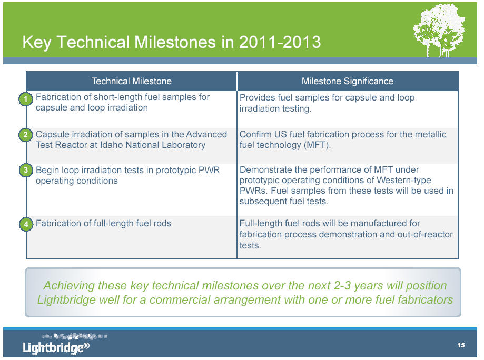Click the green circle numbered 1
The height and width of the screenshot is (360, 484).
(x=26, y=99)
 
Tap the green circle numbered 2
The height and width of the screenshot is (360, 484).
(x=26, y=135)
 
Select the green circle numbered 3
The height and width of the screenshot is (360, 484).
(x=26, y=171)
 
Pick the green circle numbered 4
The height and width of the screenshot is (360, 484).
(x=26, y=224)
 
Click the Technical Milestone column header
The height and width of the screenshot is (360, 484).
(x=132, y=81)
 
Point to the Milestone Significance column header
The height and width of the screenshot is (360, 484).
(x=348, y=81)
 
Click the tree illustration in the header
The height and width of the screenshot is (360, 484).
(x=439, y=30)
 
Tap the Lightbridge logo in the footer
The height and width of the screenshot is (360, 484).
(x=56, y=344)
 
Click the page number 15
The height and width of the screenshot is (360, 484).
(x=461, y=345)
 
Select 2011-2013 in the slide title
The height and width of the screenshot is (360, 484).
(x=280, y=42)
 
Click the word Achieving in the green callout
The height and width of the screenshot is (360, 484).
(x=69, y=286)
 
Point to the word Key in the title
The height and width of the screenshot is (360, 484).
(x=37, y=43)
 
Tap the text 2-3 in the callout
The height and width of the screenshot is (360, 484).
(x=342, y=286)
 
